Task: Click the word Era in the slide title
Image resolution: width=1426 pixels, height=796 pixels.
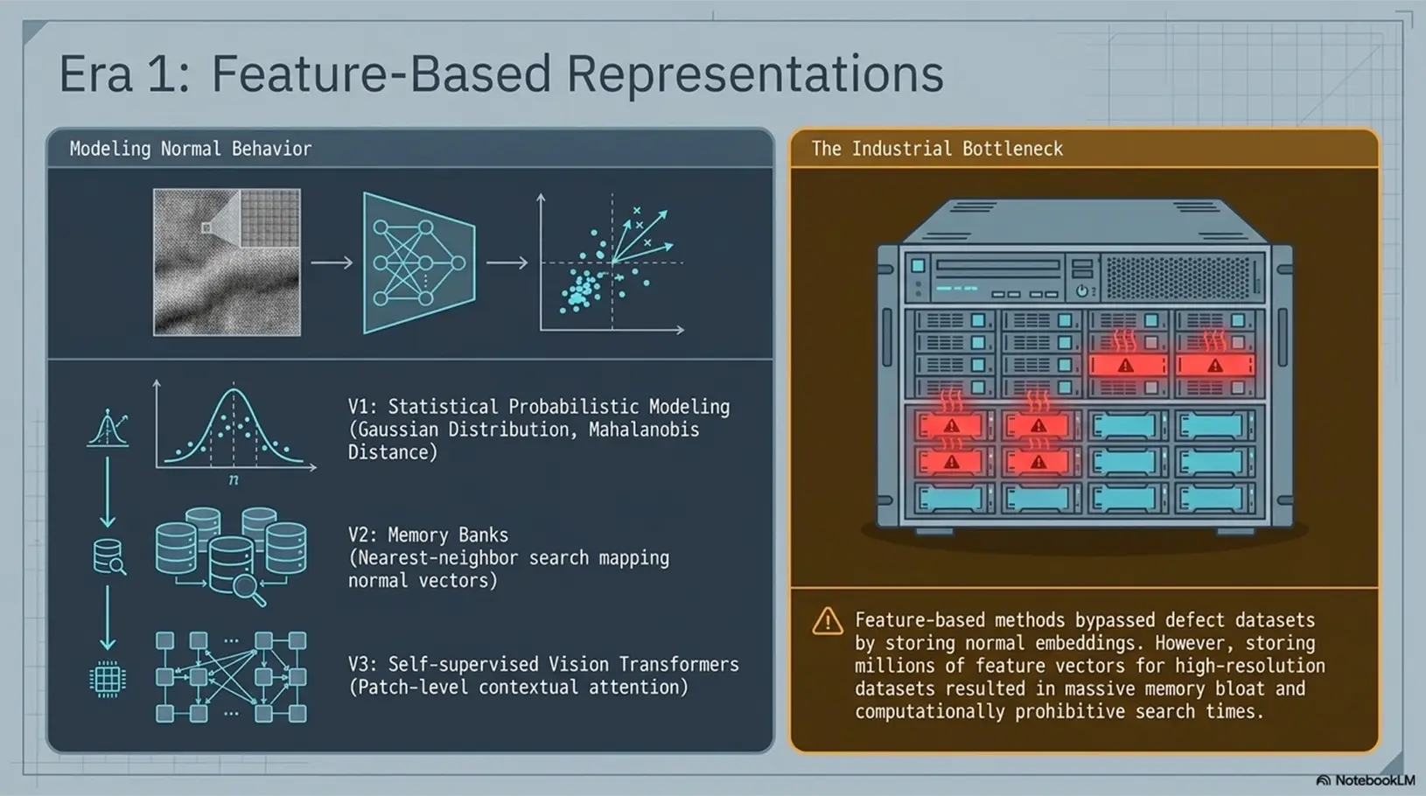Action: pos(95,73)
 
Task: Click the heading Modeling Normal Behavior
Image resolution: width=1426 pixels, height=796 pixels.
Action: pos(191,149)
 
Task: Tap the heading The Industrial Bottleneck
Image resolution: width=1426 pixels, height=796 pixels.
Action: pos(937,149)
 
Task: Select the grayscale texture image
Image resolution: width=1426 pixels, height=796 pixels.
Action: pos(227,262)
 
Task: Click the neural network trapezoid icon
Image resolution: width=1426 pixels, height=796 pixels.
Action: pos(419,262)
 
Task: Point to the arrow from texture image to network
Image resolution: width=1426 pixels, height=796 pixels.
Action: pos(332,262)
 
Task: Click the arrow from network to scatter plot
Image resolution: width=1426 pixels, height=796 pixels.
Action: pos(507,262)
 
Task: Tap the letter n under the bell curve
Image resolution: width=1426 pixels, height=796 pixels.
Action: pos(234,479)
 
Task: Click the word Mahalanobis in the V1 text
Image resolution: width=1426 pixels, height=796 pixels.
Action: pos(644,429)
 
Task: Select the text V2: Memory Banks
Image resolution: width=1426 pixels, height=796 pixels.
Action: pos(429,535)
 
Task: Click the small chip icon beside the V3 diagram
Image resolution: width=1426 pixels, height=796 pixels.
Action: pos(108,679)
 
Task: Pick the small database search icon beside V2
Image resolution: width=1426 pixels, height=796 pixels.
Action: pos(108,557)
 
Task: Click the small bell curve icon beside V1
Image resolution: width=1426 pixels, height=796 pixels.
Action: pos(108,428)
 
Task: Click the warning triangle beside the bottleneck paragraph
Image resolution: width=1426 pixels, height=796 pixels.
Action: pos(828,621)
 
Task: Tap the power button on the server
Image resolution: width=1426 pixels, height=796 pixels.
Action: pos(1081,291)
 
